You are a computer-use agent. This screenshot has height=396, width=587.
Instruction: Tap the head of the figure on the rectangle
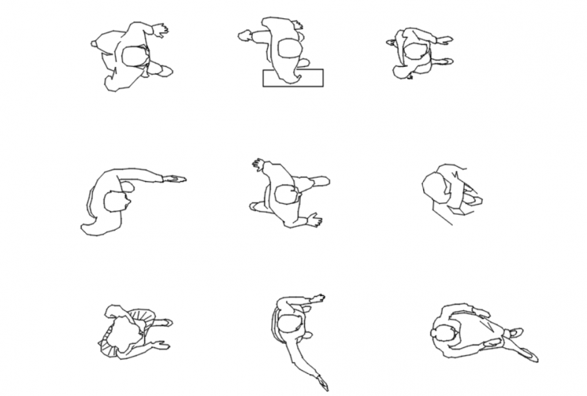tap(289, 49)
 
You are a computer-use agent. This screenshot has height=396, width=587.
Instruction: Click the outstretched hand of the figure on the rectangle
tap(244, 36)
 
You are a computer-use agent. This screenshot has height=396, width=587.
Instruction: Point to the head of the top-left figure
tap(134, 55)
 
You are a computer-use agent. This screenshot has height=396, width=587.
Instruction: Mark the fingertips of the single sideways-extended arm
tap(178, 179)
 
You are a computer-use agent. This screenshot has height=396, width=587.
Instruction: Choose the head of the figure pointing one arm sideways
tap(117, 201)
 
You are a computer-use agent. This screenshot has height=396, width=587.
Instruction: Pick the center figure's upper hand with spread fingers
tap(258, 164)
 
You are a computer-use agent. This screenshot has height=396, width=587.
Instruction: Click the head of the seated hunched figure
tap(436, 186)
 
